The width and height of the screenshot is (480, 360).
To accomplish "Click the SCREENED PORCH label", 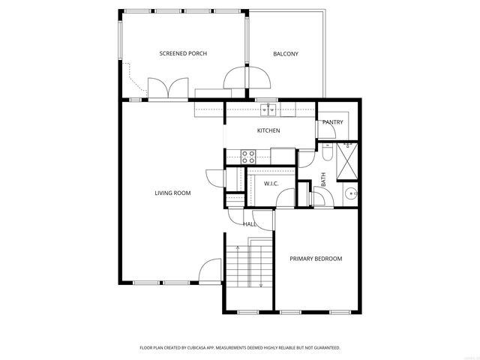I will (183, 53).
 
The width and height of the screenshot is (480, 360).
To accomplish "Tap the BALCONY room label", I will (286, 53).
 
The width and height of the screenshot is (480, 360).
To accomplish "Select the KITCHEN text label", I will (268, 130).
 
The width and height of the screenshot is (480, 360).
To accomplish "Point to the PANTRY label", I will (333, 122).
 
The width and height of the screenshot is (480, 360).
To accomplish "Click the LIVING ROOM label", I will (172, 193).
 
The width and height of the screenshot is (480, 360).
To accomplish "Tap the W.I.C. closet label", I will (271, 184).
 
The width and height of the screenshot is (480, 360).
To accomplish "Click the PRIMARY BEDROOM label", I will (316, 259).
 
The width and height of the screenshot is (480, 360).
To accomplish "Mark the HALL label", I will (249, 223).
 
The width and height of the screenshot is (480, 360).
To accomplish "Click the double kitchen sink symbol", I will (268, 110).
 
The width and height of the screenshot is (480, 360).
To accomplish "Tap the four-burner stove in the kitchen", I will (247, 156).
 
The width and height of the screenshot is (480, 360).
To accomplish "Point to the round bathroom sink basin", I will (349, 193).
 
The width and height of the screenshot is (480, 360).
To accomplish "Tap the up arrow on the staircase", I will (238, 262).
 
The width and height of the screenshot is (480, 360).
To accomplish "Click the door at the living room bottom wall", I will (211, 271).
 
